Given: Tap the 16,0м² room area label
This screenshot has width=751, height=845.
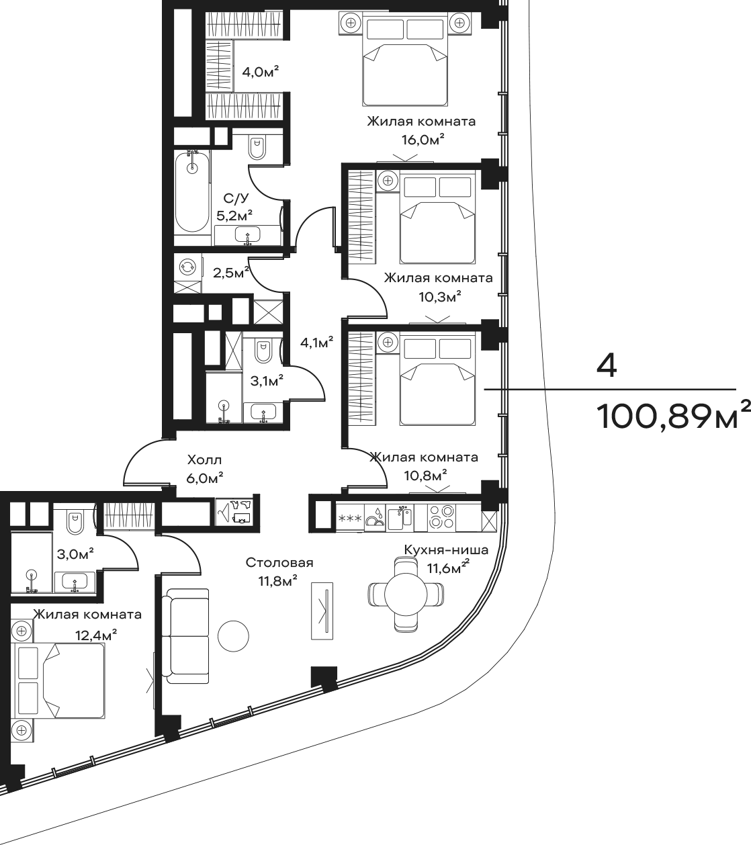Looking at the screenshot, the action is click(x=423, y=139).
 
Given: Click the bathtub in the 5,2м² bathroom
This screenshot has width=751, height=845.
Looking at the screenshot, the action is click(x=192, y=193).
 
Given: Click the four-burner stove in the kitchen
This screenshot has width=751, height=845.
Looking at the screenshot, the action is click(x=441, y=517).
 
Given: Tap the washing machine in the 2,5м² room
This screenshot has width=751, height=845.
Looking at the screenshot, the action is click(x=187, y=267).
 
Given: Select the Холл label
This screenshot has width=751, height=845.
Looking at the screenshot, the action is click(x=204, y=460).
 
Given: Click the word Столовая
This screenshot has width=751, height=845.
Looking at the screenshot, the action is click(x=279, y=563).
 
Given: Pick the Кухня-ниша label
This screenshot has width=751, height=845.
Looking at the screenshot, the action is click(x=446, y=549).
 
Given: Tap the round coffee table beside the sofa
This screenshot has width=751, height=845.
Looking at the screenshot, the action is click(x=233, y=635).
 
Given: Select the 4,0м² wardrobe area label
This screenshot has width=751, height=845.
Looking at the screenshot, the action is click(x=261, y=72).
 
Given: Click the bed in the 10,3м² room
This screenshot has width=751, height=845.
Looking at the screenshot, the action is click(x=437, y=216).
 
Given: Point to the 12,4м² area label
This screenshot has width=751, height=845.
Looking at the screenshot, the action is click(x=95, y=635).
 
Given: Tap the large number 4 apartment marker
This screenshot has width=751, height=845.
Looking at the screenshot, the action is click(x=606, y=366).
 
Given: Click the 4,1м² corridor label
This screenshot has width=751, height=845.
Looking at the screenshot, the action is click(x=316, y=343).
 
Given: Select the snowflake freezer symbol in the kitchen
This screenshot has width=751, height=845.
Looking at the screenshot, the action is click(x=350, y=519).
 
